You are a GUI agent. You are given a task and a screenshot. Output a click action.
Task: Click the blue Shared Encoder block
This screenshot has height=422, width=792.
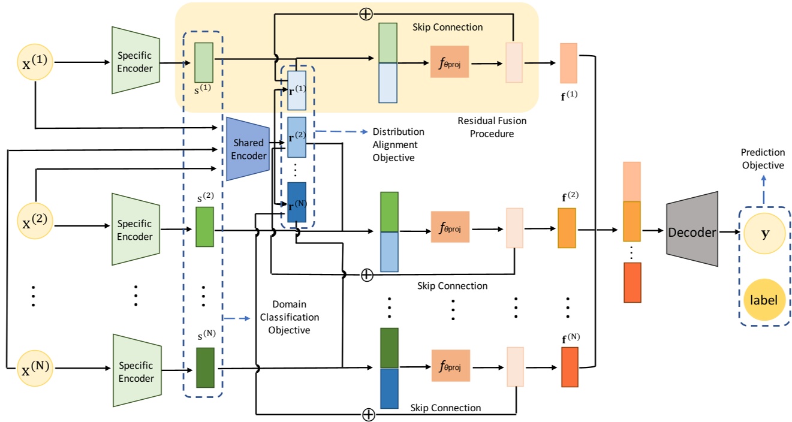(x=248, y=149)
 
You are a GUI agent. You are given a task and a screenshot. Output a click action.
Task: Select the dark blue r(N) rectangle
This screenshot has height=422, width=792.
(x=297, y=202)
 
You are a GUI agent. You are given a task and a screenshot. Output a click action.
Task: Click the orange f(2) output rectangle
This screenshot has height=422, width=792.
(x=567, y=228)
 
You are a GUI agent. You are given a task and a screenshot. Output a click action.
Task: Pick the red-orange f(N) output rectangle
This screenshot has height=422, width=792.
(x=570, y=366)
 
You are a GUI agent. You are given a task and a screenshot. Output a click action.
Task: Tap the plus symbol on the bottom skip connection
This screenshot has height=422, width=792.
(x=369, y=414)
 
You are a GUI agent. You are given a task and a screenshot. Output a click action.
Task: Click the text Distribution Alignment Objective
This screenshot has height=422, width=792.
(x=397, y=144)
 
